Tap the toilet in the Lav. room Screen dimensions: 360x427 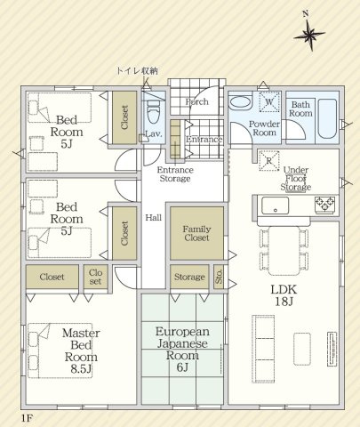(154, 111)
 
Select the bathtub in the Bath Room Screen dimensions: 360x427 (327, 118)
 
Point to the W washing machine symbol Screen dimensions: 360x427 (269, 101)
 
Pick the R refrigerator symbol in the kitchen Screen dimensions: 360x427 (269, 161)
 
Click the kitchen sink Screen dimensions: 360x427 (275, 205)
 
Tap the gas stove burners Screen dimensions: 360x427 (324, 204)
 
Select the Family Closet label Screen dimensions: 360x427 (196, 233)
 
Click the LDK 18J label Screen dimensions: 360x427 (284, 295)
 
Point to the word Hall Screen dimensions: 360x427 (154, 218)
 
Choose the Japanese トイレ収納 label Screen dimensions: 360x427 (137, 71)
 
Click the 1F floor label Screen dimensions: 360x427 (26, 418)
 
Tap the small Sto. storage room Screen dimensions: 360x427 (219, 277)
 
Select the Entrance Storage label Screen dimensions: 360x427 (175, 174)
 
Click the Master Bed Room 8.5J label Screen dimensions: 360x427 (81, 351)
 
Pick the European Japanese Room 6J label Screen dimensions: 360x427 (182, 350)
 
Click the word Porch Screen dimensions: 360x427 (197, 102)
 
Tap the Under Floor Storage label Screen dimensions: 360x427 (296, 179)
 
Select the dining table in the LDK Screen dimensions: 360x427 (284, 251)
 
